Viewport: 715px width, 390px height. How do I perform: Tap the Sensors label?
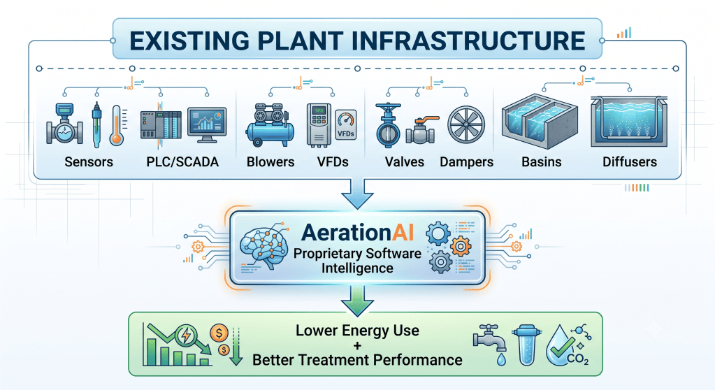(89, 162)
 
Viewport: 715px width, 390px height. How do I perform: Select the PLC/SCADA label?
(182, 162)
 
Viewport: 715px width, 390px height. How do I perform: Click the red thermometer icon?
(117, 125)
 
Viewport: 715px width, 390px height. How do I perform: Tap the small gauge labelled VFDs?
(346, 124)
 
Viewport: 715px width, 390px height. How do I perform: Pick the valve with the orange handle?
(422, 131)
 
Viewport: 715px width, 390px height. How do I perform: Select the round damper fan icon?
(466, 124)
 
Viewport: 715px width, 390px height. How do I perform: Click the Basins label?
(541, 162)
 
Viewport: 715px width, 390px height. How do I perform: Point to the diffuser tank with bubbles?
(629, 122)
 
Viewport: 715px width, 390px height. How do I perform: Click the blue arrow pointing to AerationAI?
(358, 194)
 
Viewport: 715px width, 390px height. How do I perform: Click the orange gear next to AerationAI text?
(461, 247)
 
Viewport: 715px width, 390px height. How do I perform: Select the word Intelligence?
(357, 268)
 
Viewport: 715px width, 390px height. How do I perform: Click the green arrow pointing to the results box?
(358, 301)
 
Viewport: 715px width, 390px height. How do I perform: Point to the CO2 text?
(578, 359)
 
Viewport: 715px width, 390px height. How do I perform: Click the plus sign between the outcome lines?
(357, 345)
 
